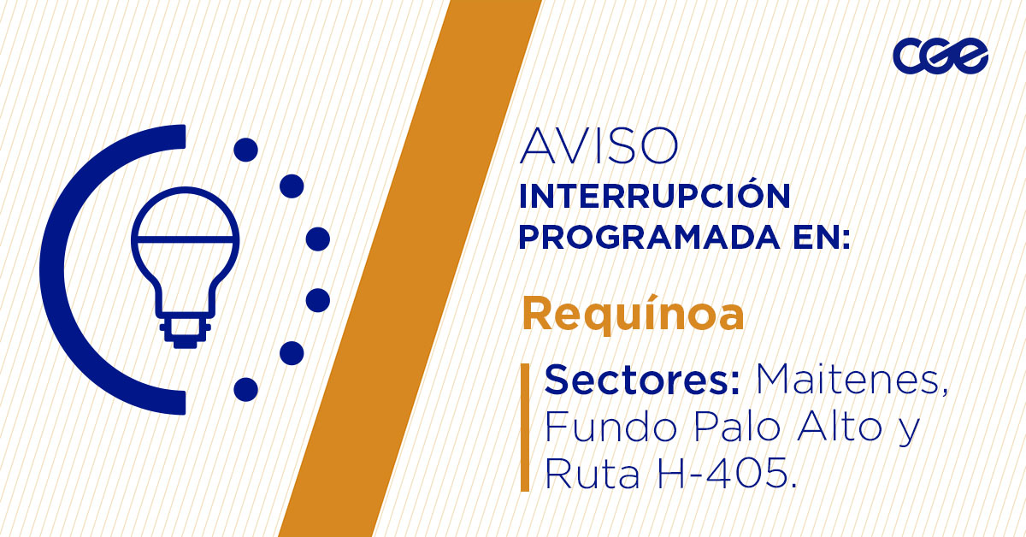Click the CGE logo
(940, 57)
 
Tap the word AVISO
(598, 147)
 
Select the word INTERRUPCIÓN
(654, 197)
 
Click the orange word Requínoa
(633, 315)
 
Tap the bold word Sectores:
(642, 380)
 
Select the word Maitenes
(851, 380)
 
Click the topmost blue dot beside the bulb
(245, 150)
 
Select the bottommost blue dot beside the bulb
(245, 389)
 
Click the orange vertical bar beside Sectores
(525, 427)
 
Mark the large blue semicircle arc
(64, 269)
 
